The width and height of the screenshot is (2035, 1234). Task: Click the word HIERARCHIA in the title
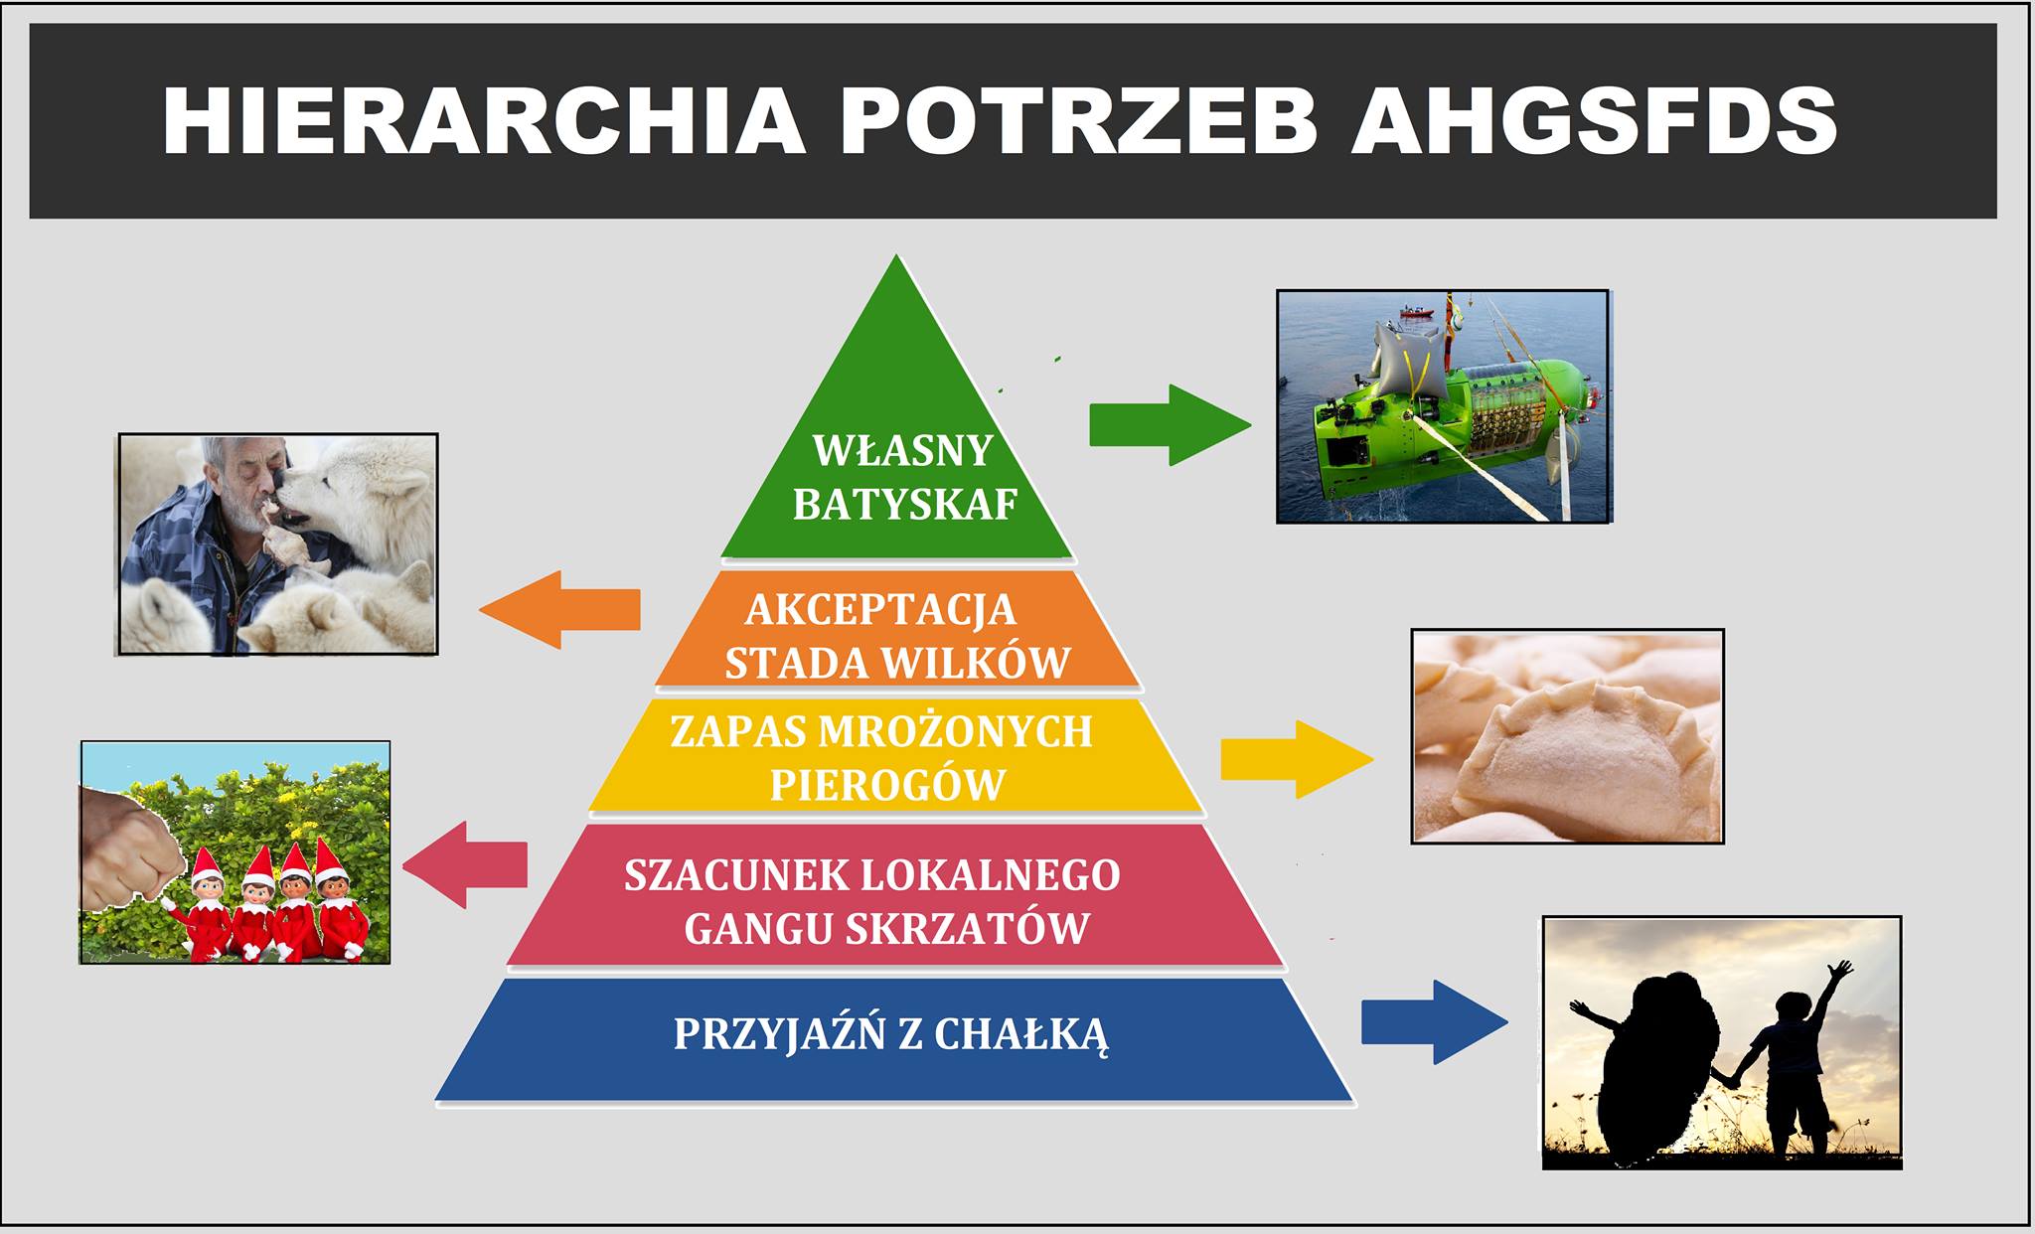coord(484,121)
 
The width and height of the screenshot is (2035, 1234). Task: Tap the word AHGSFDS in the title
coord(1594,121)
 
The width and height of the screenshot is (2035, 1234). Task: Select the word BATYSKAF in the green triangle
coord(905,505)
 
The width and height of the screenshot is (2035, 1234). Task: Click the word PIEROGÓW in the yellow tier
coord(887,785)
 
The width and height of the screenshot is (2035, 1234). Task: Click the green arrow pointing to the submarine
coord(1171,425)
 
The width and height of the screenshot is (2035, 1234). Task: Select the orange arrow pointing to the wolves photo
coord(559,610)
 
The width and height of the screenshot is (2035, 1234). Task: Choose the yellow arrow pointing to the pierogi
coord(1297,760)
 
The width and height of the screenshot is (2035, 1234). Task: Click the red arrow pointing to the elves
coord(465,864)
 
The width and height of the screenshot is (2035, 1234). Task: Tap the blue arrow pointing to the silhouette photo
coord(1434,1022)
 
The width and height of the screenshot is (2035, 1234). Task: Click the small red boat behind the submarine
coord(1417,312)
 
